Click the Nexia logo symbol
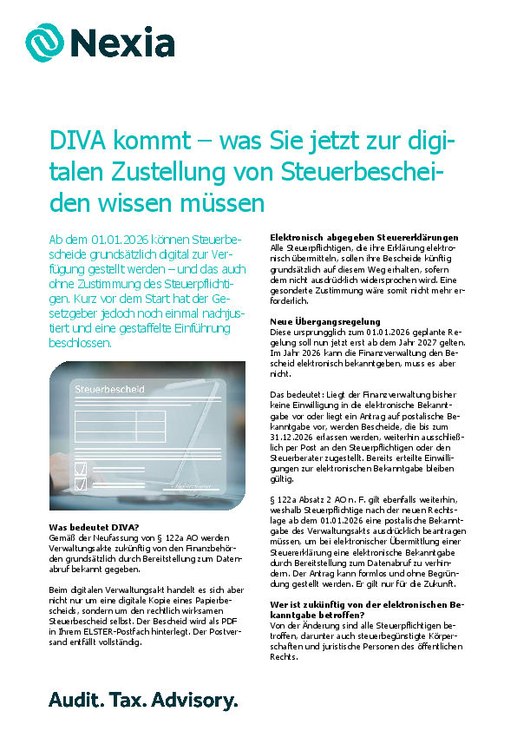(44, 41)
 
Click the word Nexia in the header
(121, 42)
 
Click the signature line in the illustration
(190, 487)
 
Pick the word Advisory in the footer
(199, 700)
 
